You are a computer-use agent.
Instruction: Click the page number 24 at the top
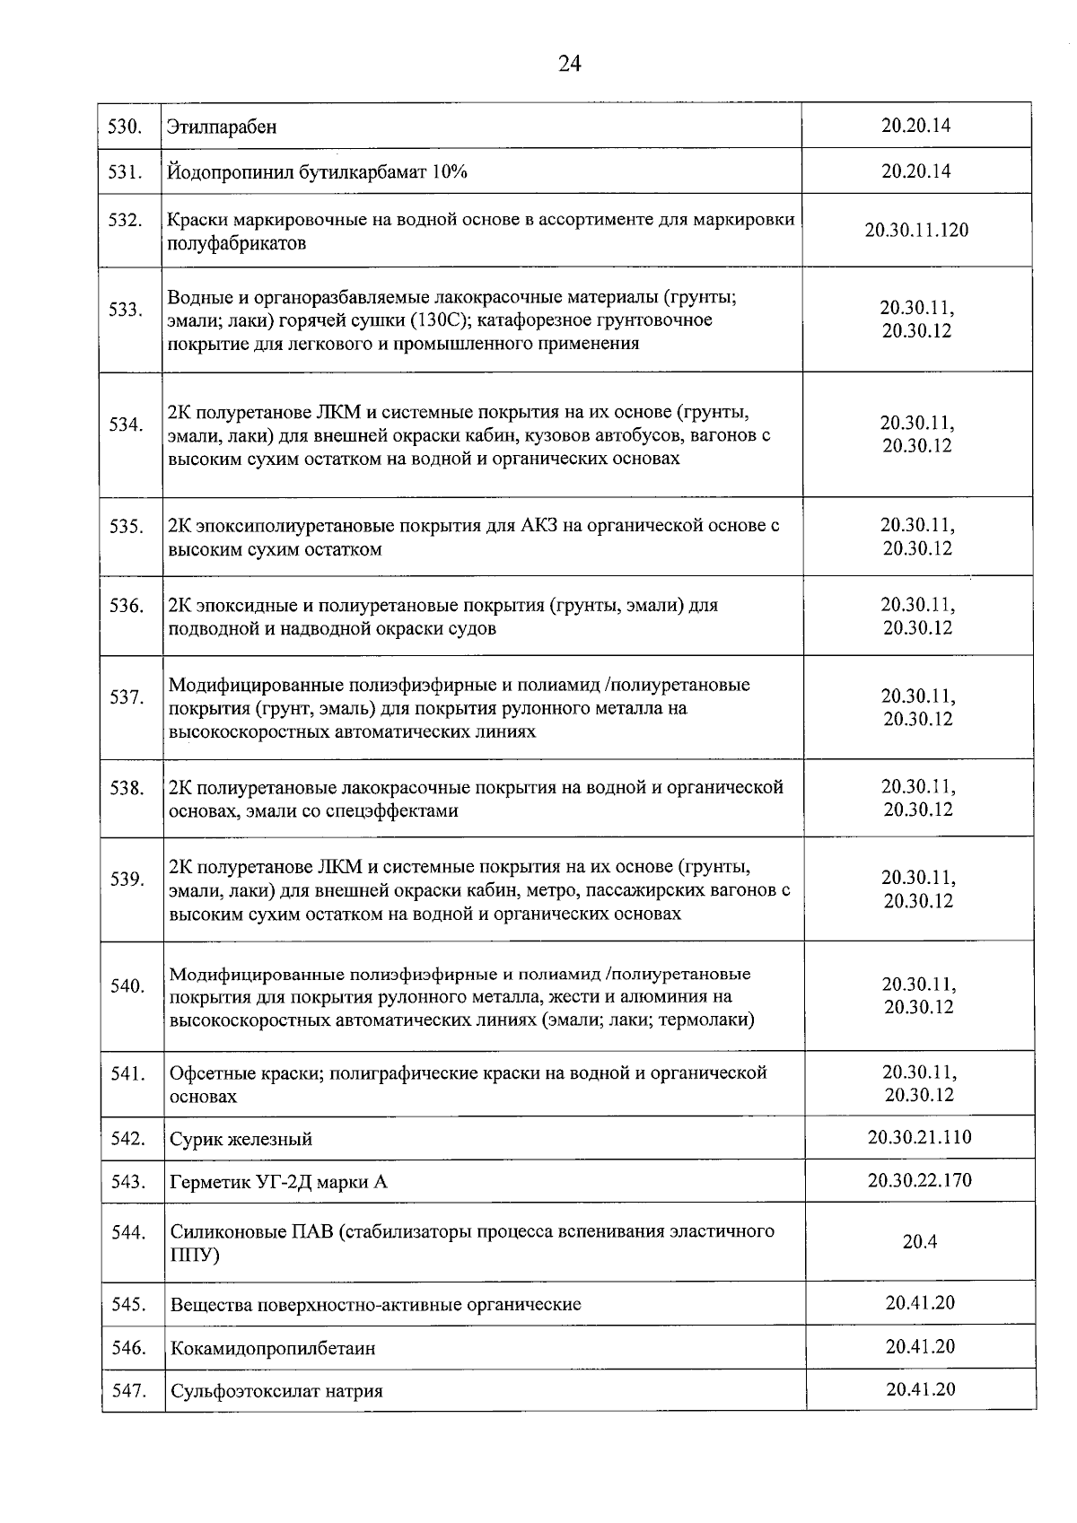(x=569, y=63)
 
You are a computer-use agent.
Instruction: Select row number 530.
(x=126, y=127)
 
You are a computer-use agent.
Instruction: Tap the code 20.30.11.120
(x=916, y=230)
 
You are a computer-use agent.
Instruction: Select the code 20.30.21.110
(x=919, y=1137)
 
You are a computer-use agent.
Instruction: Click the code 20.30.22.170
(x=919, y=1179)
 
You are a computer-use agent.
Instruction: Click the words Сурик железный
(x=241, y=1140)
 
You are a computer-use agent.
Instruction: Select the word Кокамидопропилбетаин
(x=273, y=1348)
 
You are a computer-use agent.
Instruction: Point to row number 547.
(x=128, y=1390)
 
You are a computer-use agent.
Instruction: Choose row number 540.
(x=127, y=986)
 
